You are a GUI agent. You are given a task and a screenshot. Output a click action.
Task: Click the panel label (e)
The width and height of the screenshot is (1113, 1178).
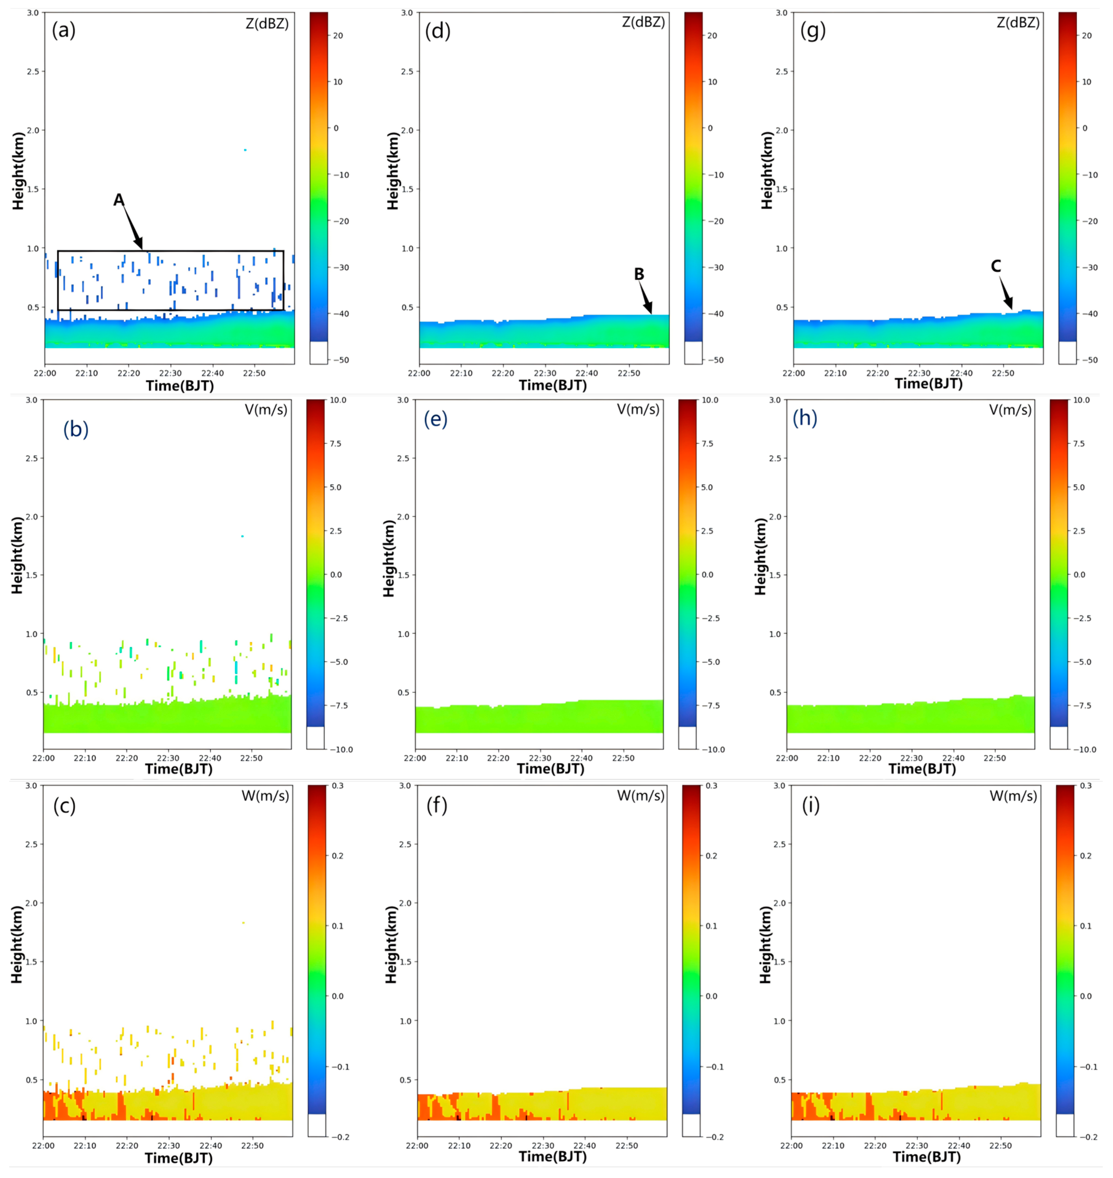coord(435,419)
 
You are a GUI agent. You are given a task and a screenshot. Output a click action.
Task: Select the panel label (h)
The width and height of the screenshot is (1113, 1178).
coord(805,418)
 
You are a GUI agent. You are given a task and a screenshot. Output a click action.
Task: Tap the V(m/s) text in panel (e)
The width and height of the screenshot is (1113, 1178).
coord(638,410)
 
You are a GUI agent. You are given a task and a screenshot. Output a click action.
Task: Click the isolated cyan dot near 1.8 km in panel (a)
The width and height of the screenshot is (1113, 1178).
coord(245,150)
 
